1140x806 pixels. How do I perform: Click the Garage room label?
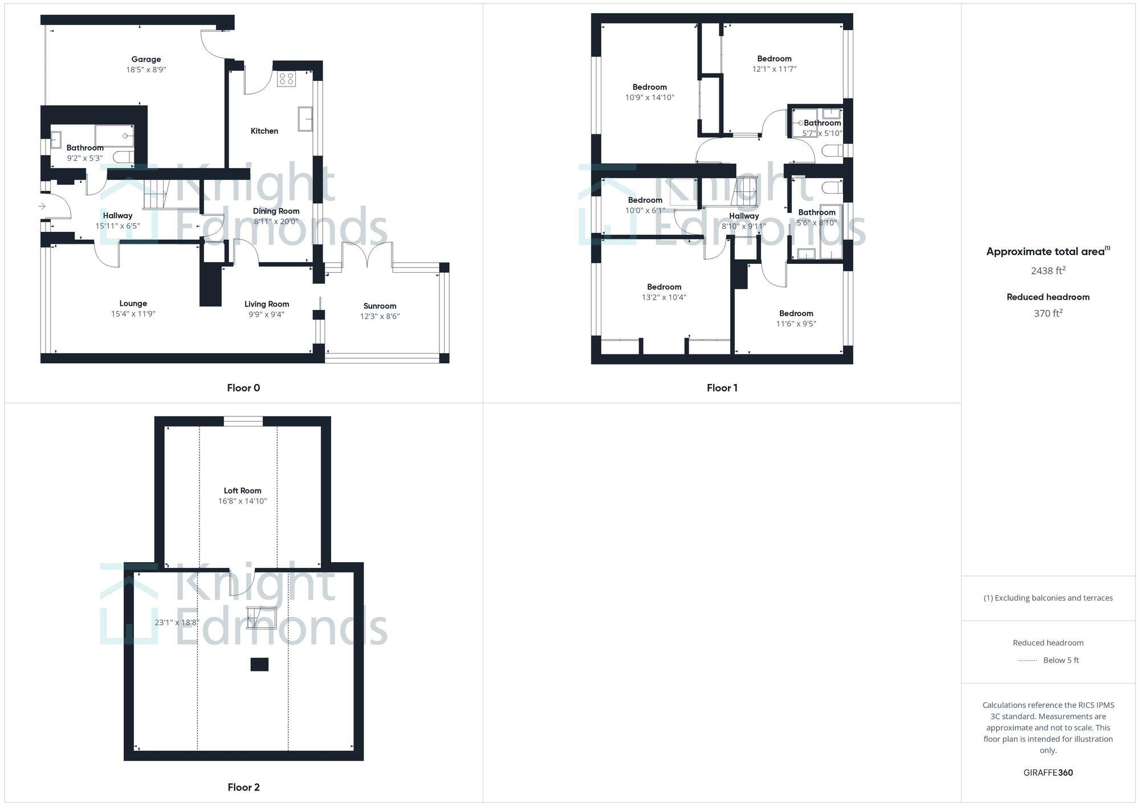click(x=146, y=59)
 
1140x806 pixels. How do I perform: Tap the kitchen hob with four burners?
click(x=286, y=79)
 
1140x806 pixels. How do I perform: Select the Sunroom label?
click(x=380, y=306)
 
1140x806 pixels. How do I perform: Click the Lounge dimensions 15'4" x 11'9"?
click(x=133, y=314)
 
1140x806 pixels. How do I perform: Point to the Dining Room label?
click(x=276, y=211)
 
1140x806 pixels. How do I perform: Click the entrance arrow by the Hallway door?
click(x=42, y=206)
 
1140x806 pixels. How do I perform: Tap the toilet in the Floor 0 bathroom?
click(x=122, y=157)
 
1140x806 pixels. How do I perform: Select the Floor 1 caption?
click(x=722, y=388)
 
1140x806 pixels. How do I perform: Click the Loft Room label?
click(x=242, y=490)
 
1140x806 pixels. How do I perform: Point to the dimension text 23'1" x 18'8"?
click(x=177, y=623)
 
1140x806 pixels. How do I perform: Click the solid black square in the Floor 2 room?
click(x=259, y=664)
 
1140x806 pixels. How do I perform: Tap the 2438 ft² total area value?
click(x=1048, y=271)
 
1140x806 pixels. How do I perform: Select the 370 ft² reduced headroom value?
click(x=1048, y=313)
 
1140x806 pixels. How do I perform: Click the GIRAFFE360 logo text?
click(x=1048, y=773)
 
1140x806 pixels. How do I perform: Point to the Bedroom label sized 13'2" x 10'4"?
click(x=664, y=287)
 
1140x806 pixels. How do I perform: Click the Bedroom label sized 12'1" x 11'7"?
click(x=774, y=59)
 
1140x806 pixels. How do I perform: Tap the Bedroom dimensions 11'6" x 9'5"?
click(x=796, y=324)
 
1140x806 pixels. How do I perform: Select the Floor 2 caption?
click(x=243, y=787)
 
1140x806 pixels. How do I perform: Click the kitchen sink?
click(x=305, y=118)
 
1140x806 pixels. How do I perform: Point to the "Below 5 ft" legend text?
click(x=1061, y=660)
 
